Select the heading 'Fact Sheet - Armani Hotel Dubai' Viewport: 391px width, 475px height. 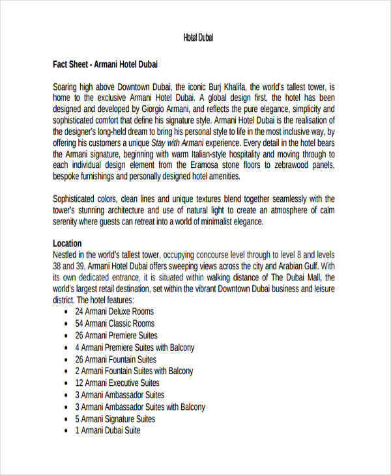pos(105,65)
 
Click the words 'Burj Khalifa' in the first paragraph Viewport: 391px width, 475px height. pos(225,87)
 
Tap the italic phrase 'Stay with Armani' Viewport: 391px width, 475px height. pos(180,143)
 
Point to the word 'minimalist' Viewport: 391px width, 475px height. pos(207,221)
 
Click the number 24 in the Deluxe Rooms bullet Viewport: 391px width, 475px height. pos(80,312)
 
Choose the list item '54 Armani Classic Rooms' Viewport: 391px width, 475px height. pos(115,323)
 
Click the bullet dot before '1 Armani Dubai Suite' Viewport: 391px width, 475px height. pos(67,431)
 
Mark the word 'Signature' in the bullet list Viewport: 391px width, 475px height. pos(120,419)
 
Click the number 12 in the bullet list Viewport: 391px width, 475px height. pos(80,383)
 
